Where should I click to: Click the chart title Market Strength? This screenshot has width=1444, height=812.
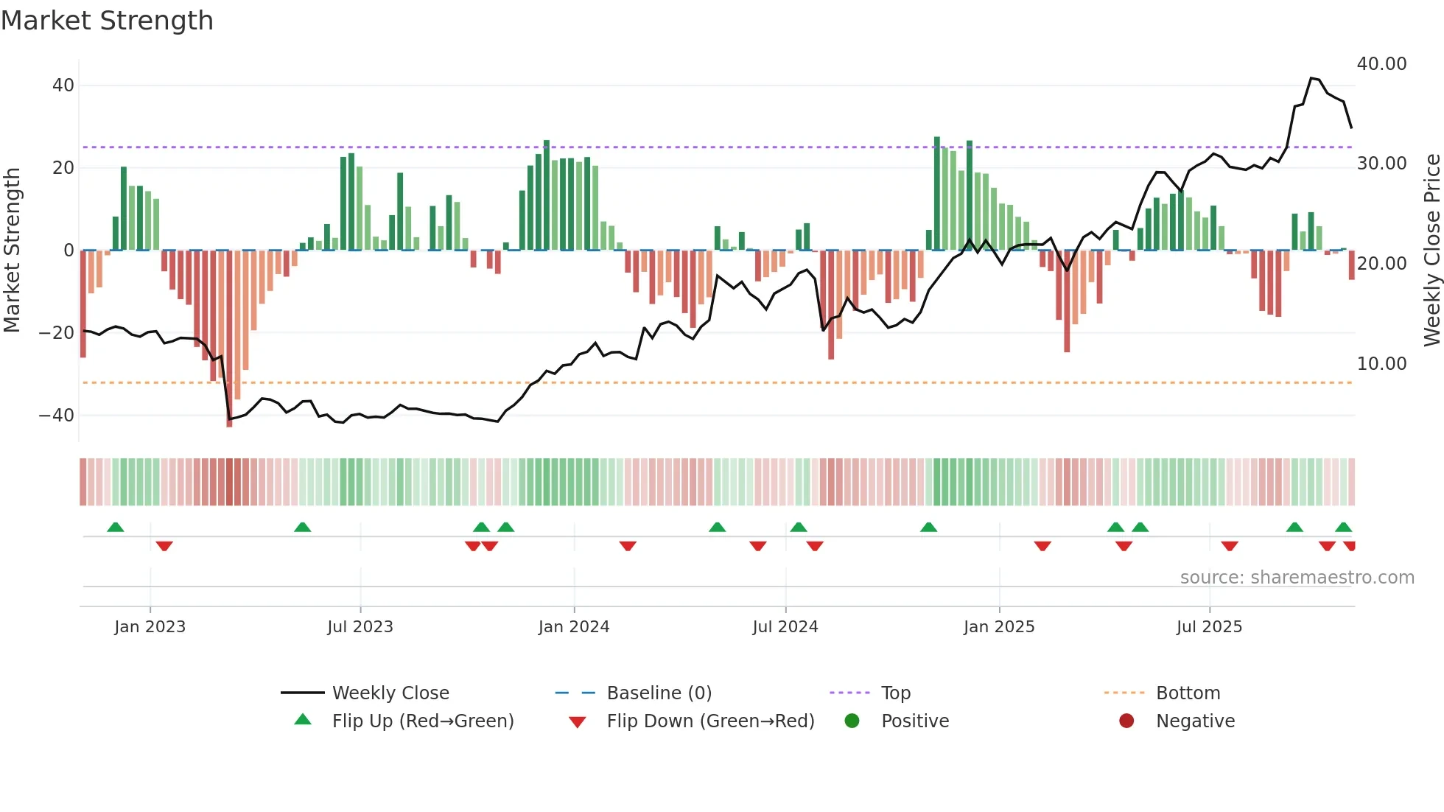[x=107, y=21]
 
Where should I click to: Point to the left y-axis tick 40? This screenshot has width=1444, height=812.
[x=63, y=85]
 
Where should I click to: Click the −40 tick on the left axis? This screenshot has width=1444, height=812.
[x=57, y=416]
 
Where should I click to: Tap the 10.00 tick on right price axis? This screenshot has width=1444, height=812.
[x=1381, y=364]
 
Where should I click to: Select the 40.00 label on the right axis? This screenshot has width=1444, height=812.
[x=1381, y=64]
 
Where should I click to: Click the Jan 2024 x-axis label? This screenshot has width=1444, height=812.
[x=574, y=627]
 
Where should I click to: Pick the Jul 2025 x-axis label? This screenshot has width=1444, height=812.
[x=1209, y=627]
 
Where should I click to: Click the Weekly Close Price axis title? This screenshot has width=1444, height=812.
[x=1431, y=251]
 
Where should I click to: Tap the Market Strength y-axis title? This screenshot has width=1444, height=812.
[x=13, y=251]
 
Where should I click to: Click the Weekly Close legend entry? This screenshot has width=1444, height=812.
[x=390, y=693]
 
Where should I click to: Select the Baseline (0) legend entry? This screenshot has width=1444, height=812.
[x=659, y=693]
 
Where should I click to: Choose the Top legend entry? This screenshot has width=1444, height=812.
[x=896, y=693]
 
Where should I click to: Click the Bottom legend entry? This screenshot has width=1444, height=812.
[x=1188, y=693]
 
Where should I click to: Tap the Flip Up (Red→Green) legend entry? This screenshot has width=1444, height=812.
[x=422, y=721]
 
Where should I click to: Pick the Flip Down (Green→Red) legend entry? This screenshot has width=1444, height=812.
[x=710, y=721]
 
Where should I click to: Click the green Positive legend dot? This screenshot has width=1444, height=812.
[x=852, y=721]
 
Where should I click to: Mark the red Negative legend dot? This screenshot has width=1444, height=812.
[x=1126, y=721]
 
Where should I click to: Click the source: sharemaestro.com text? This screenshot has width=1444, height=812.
[x=1297, y=578]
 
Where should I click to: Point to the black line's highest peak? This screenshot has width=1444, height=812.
[x=1312, y=78]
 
